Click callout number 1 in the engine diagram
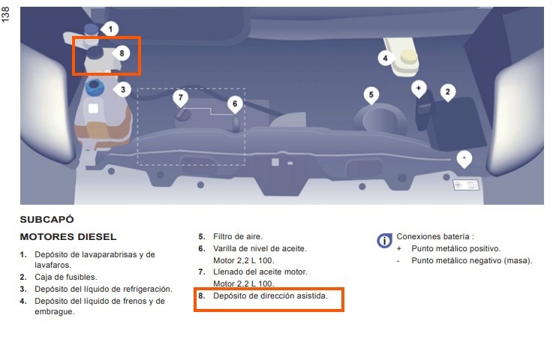pyautogui.click(x=110, y=28)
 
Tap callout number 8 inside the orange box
pyautogui.click(x=122, y=53)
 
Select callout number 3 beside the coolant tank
pyautogui.click(x=122, y=89)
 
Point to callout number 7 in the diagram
pyautogui.click(x=180, y=97)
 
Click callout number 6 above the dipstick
pyautogui.click(x=235, y=103)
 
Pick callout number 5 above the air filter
pyautogui.click(x=371, y=94)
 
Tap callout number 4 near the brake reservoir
pyautogui.click(x=386, y=58)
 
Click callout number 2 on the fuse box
pyautogui.click(x=448, y=92)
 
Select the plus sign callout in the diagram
pyautogui.click(x=419, y=88)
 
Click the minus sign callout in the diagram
pyautogui.click(x=464, y=158)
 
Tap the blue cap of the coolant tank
pyautogui.click(x=95, y=88)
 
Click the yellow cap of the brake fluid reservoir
pyautogui.click(x=408, y=57)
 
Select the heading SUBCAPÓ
pyautogui.click(x=47, y=220)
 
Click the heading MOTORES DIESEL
pyautogui.click(x=68, y=237)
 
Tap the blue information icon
pyautogui.click(x=384, y=241)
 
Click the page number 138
pyautogui.click(x=6, y=15)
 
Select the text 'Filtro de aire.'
pyautogui.click(x=238, y=237)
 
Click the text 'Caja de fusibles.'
pyautogui.click(x=65, y=277)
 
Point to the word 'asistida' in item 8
pyautogui.click(x=312, y=295)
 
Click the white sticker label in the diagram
pyautogui.click(x=466, y=185)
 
